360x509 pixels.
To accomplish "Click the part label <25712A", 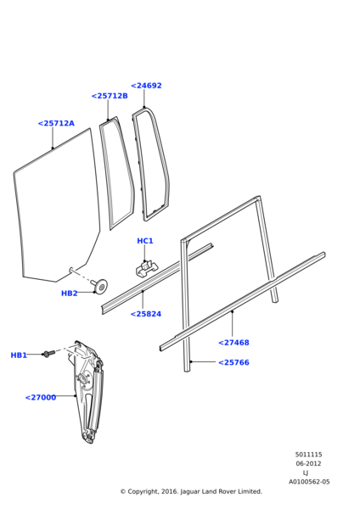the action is [x=56, y=123].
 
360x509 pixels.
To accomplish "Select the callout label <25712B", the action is [x=110, y=96].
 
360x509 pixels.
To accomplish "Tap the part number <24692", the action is [x=146, y=86].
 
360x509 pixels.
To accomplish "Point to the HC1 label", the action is [x=145, y=241].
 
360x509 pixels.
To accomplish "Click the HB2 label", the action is [x=70, y=294].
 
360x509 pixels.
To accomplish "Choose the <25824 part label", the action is [x=146, y=314].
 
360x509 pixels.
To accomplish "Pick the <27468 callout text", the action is [x=233, y=343].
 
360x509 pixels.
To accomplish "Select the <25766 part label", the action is [x=233, y=362].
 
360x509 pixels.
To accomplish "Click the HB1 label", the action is [x=19, y=355].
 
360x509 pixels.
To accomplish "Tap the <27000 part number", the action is [x=41, y=397].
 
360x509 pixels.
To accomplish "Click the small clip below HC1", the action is [x=147, y=269].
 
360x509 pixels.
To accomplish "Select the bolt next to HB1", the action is [x=49, y=354].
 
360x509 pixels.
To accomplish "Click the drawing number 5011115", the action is [x=309, y=455].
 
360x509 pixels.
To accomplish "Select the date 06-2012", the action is [x=308, y=463].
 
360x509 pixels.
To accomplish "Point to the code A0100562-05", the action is [x=309, y=482].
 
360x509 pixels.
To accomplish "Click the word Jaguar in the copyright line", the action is [x=189, y=491].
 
